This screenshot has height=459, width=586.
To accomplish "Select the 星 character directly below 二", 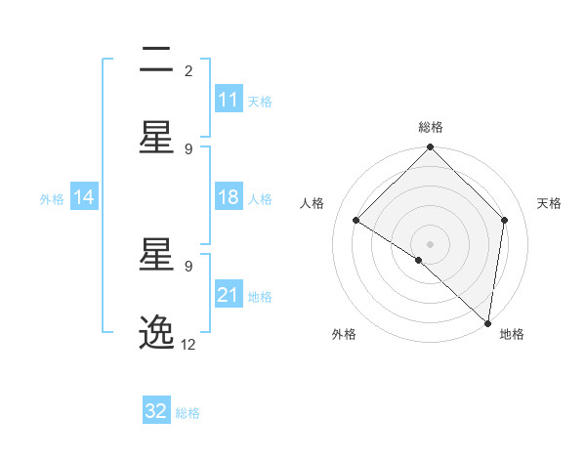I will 156,138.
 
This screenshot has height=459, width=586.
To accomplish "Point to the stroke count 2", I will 188,70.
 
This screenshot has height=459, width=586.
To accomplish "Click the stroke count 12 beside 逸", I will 188,345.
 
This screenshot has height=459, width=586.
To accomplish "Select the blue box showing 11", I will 229,100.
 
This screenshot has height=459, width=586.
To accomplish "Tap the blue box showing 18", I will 229,197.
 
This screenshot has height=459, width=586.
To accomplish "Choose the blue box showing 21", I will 229,295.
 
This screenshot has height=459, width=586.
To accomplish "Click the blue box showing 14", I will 84,197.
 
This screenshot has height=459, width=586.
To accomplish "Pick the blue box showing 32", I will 156,411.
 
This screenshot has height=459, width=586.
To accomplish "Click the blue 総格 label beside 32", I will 188,413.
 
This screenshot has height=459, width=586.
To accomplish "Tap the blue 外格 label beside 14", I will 52,198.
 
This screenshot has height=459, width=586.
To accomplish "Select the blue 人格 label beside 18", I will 260,198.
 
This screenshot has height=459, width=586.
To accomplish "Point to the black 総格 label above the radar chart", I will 431,127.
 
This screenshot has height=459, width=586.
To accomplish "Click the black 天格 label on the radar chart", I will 550,203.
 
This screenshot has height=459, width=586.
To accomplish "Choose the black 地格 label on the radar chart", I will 512,335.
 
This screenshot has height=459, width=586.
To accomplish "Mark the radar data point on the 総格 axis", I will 431,148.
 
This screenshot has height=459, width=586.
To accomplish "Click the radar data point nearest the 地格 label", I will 487,322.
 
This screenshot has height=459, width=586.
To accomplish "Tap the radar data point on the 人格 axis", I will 356,221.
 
